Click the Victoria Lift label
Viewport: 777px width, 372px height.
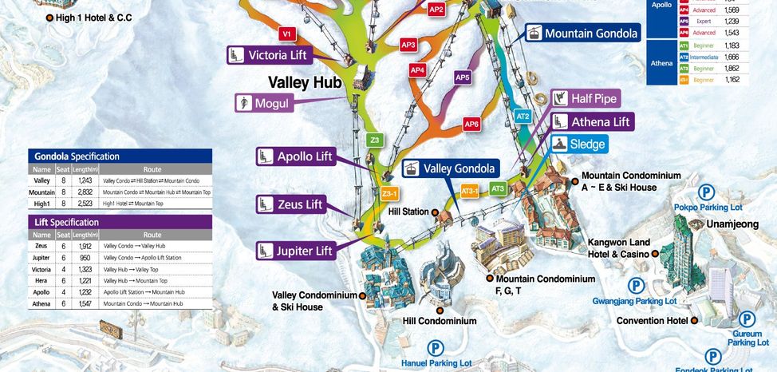(267, 55)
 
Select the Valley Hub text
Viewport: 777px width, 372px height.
(305, 82)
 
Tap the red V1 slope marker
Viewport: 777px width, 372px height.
(287, 34)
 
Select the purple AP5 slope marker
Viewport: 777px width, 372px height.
(463, 77)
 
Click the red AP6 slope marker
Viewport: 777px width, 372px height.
(472, 125)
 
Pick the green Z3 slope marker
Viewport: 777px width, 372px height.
(375, 140)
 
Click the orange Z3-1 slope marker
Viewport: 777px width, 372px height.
(389, 193)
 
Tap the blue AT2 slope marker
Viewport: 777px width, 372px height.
(523, 116)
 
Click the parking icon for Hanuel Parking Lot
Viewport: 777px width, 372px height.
(435, 348)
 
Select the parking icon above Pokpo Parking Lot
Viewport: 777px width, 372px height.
(706, 192)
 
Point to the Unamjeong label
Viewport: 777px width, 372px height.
(732, 224)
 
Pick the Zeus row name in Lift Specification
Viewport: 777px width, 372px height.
(41, 247)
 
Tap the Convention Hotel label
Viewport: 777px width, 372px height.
(652, 321)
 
